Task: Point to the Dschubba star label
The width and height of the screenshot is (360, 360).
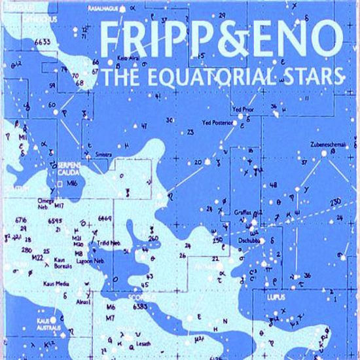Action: point(252,240)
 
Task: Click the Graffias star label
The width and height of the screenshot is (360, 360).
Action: point(243,213)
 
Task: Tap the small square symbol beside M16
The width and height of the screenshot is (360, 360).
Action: point(60,185)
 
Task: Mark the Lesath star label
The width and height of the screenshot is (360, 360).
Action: point(143,343)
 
